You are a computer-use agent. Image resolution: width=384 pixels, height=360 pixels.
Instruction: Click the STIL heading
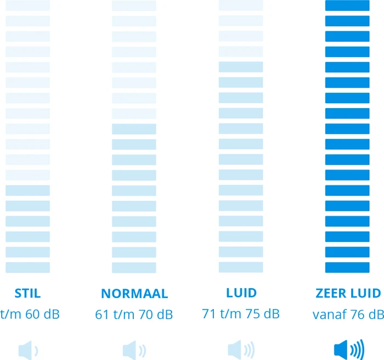(28, 293)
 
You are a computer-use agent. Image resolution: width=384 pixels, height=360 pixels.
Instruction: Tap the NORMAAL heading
(134, 293)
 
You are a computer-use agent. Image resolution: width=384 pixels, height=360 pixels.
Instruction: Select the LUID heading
(241, 292)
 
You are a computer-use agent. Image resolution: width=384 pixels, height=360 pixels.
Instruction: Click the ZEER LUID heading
(348, 293)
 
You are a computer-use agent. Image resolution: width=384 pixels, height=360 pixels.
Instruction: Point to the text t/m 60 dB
(30, 314)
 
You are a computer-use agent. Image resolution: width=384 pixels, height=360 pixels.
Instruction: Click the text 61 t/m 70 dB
(134, 314)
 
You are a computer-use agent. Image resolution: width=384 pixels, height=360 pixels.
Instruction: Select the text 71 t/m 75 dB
(241, 314)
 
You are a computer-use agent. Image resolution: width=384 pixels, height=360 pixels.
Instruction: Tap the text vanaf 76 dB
(348, 314)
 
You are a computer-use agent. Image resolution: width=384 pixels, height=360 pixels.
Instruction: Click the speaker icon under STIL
(28, 349)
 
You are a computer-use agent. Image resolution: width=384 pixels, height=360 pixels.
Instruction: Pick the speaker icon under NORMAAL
(134, 349)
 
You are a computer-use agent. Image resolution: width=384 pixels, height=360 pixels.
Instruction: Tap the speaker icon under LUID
(241, 349)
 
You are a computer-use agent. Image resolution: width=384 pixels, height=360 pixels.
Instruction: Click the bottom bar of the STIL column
(28, 267)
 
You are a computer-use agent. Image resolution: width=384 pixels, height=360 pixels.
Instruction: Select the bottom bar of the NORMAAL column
(134, 267)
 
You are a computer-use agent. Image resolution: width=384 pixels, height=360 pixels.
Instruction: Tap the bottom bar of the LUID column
(241, 267)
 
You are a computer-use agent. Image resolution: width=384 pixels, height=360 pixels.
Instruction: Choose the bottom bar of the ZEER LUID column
(348, 267)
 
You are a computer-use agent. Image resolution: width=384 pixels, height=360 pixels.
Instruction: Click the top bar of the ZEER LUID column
(348, 5)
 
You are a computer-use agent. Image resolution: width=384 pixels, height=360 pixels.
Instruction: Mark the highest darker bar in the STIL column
(28, 190)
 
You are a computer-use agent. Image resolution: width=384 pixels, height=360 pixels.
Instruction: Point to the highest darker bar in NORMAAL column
(134, 129)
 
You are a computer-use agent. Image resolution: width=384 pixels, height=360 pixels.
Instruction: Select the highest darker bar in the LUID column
(241, 67)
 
